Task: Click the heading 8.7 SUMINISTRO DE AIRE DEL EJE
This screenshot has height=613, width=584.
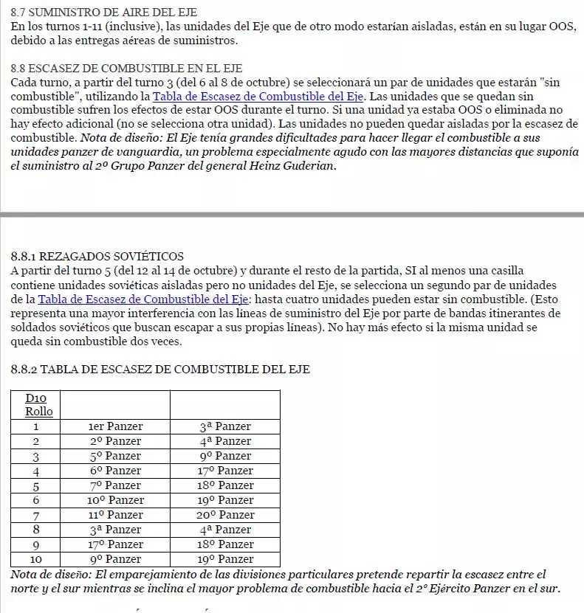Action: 104,13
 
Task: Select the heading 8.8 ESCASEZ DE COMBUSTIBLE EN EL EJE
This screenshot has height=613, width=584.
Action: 126,69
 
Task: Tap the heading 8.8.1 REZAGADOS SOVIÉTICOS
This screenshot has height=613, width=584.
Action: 97,257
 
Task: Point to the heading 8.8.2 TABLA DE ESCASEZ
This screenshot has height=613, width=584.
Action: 160,369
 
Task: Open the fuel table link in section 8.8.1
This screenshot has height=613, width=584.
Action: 142,299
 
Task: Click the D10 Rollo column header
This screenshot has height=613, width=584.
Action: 39,404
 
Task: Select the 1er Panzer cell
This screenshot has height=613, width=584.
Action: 115,426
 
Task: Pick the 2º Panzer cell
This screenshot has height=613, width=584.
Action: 114,441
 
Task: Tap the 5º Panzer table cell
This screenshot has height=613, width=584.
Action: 114,456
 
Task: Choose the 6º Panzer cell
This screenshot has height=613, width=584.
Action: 114,471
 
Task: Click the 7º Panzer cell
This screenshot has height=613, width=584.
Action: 114,485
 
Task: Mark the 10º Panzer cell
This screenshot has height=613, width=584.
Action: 114,500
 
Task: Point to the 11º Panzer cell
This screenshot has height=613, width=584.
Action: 114,515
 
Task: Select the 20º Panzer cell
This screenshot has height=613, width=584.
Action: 225,515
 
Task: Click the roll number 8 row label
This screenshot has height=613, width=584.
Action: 35,530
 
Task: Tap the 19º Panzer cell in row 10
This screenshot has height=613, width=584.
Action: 225,559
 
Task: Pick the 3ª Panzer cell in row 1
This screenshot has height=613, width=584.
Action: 225,426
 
